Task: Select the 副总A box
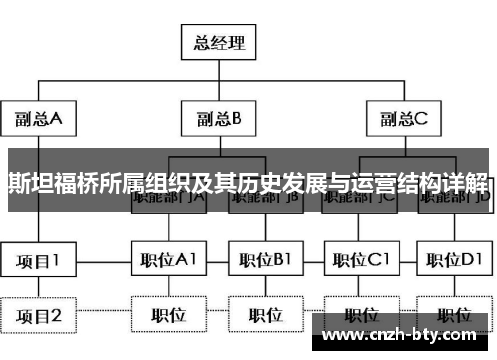(39, 119)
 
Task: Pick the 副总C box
(404, 119)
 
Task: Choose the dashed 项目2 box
(39, 316)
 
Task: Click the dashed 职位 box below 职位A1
(168, 316)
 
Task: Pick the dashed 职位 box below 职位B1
(264, 316)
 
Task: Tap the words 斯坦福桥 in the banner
(45, 183)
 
